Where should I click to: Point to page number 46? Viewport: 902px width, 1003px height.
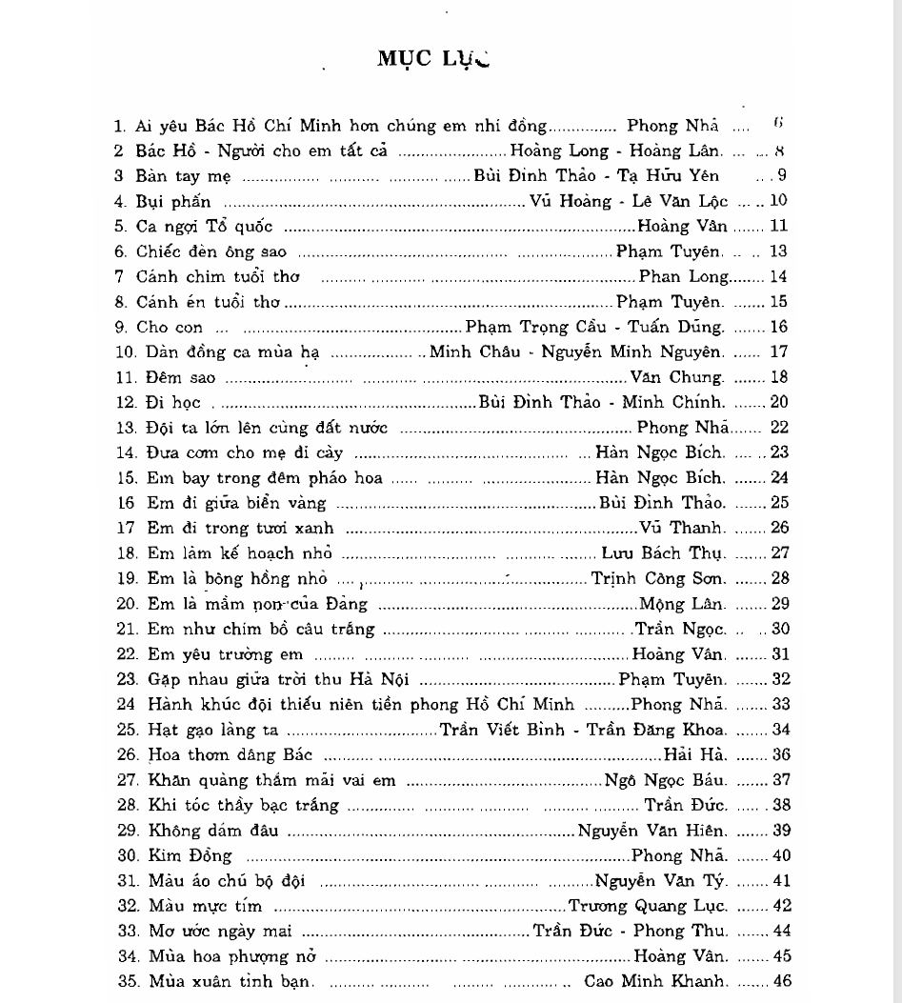click(782, 981)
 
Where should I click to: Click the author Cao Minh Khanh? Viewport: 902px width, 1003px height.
click(659, 981)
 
